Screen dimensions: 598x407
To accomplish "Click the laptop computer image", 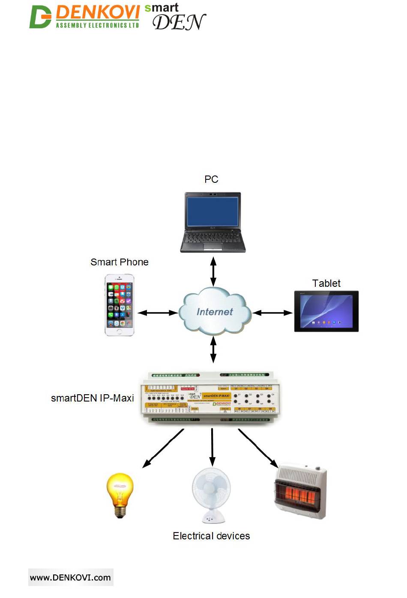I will pos(212,222).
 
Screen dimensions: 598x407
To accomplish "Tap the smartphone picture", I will pos(120,305).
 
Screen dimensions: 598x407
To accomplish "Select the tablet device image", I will pos(326,311).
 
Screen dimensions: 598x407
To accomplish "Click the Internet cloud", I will pos(214,312).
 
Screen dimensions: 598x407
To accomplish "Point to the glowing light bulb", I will pos(120,495).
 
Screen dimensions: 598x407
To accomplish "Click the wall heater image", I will pos(300,491).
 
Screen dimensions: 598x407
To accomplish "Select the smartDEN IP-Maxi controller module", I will pos(211,397).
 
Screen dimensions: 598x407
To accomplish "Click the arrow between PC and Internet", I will pos(213,271).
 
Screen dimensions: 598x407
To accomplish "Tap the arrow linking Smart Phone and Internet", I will pos(158,313).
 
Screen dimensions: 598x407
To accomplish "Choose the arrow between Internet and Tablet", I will pos(272,313).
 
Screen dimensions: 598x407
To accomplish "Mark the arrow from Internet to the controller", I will pos(213,349).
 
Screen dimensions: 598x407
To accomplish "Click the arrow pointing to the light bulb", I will pos(163,448).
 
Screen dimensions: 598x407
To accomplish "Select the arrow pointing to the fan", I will pos(212,447).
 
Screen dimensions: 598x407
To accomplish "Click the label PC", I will pos(211,179).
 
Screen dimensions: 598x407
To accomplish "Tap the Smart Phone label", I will pos(120,262).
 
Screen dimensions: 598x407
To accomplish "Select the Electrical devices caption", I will pos(211,536).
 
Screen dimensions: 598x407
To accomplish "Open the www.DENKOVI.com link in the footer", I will pos(70,577).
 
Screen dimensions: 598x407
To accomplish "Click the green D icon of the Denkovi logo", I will pos(40,17).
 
